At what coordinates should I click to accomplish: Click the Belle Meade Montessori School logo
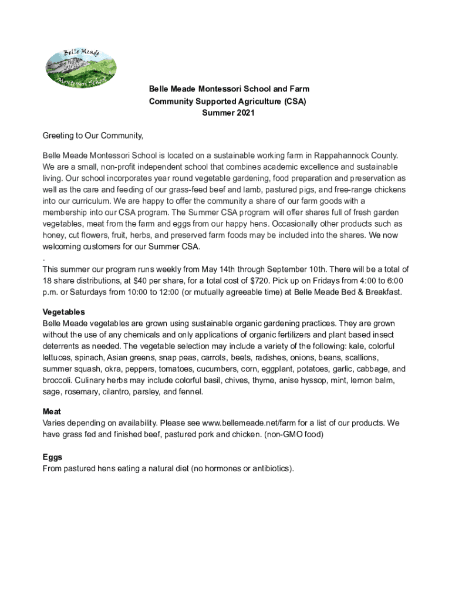tap(81, 67)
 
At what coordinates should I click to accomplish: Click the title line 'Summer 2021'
tap(228, 113)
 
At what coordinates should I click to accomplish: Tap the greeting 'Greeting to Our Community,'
tap(93, 136)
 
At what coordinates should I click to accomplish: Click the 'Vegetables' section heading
tap(64, 312)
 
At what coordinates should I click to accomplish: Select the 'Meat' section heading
tap(52, 412)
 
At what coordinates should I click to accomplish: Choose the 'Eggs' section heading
tap(52, 457)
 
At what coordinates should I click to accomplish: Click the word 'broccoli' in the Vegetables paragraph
tap(58, 381)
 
